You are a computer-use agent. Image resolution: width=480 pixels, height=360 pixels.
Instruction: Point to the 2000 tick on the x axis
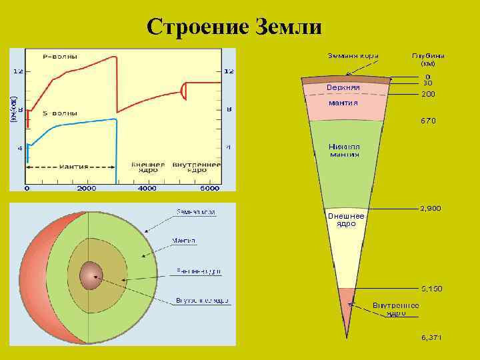(87, 189)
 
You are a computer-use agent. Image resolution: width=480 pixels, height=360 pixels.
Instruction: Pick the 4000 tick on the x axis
(147, 189)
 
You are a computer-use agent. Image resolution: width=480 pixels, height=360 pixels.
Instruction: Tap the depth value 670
(427, 121)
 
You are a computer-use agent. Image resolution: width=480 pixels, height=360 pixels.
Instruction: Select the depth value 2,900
(429, 208)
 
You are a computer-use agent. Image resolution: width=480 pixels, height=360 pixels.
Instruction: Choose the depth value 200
(427, 95)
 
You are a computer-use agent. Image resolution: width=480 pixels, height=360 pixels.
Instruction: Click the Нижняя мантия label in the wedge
(343, 150)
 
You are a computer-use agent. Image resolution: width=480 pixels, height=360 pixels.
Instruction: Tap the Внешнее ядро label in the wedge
(345, 220)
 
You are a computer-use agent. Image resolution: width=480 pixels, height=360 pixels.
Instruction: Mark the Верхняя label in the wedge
(343, 87)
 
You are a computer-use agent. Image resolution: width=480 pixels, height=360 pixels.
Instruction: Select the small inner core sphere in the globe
(90, 273)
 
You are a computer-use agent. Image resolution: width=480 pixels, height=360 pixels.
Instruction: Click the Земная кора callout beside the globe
(195, 211)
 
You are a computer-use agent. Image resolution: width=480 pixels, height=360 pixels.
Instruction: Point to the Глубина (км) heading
(427, 60)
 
